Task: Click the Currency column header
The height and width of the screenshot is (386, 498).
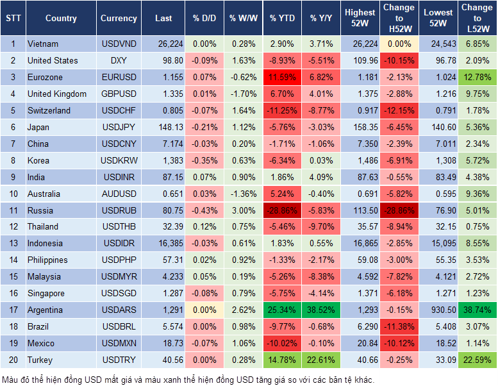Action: coord(119,19)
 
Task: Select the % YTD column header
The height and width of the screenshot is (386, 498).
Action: coord(281,19)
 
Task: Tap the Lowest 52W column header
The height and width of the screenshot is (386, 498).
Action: coord(438,19)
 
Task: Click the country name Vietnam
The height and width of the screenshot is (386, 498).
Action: coord(44,44)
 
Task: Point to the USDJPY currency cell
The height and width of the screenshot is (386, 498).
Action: coord(119,127)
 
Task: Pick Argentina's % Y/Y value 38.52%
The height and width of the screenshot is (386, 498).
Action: coord(322,310)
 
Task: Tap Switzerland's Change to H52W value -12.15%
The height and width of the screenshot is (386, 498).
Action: coord(399,110)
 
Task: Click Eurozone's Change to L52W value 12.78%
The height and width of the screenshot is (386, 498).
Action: coord(478,77)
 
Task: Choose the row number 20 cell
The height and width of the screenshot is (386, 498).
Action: coord(12,360)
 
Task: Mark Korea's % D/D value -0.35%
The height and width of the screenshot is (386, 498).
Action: coord(204,160)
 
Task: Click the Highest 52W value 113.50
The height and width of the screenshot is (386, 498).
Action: coord(360,210)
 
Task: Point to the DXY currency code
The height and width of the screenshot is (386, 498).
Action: coord(119,60)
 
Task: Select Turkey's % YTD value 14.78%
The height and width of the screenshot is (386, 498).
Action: coord(282,360)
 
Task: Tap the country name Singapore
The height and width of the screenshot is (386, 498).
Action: coord(46,294)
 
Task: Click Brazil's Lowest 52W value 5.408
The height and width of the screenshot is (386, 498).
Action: coord(438,327)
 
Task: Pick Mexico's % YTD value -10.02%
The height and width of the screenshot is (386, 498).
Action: coord(282,344)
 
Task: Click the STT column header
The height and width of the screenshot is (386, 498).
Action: coord(12,19)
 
